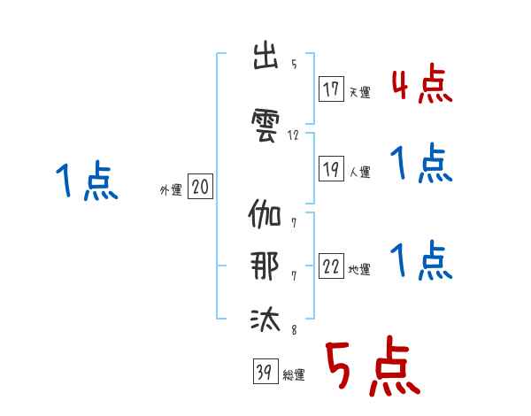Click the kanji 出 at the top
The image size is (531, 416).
(x=265, y=56)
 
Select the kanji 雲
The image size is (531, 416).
(x=265, y=125)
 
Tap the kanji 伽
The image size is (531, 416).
(x=265, y=213)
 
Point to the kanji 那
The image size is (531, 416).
(x=265, y=266)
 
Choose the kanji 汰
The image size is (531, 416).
(x=265, y=319)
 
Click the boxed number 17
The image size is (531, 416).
(x=331, y=89)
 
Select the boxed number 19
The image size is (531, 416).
(x=331, y=169)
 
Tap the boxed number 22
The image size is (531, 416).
(x=331, y=266)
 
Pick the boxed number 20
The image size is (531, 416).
(x=200, y=187)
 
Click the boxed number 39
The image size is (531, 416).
(x=265, y=371)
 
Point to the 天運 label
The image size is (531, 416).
(x=360, y=92)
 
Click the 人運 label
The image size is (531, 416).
(x=360, y=172)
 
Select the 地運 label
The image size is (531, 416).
(x=359, y=269)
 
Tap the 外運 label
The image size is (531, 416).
(x=171, y=190)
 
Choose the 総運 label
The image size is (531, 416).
(x=294, y=375)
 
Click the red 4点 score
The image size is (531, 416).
(x=422, y=83)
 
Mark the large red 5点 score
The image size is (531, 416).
(x=373, y=366)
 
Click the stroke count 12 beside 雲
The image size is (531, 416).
(x=293, y=135)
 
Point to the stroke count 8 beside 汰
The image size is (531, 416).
(x=294, y=329)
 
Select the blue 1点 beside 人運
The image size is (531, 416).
(x=421, y=163)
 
